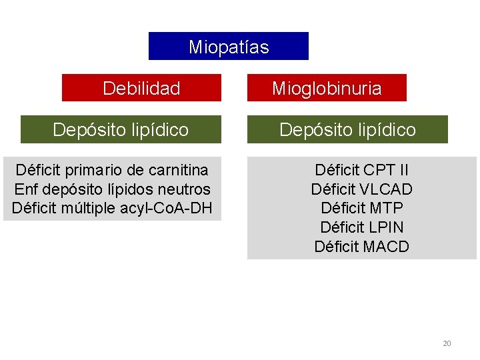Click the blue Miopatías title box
click(x=229, y=47)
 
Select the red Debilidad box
click(x=141, y=88)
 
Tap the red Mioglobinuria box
click(x=327, y=88)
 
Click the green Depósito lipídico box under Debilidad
click(x=121, y=129)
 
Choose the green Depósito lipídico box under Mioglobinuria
click(x=347, y=129)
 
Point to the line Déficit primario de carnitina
click(x=112, y=170)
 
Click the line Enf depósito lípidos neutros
click(x=112, y=189)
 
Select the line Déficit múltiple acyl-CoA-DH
click(x=112, y=207)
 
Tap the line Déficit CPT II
click(x=361, y=170)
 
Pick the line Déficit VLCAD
click(x=361, y=189)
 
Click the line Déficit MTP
click(x=361, y=208)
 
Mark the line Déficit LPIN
click(x=361, y=227)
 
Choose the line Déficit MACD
click(x=361, y=247)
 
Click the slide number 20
click(x=447, y=343)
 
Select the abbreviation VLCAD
click(x=388, y=189)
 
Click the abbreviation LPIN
click(x=386, y=227)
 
